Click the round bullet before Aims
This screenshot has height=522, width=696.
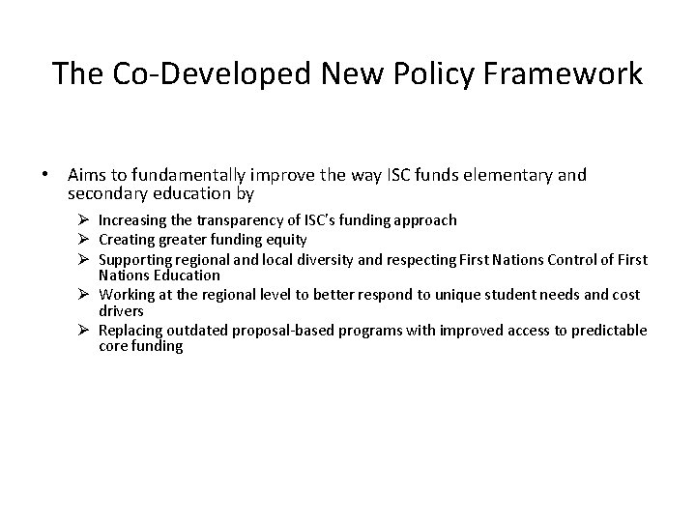pyautogui.click(x=45, y=176)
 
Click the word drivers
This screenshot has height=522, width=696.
pyautogui.click(x=121, y=311)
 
